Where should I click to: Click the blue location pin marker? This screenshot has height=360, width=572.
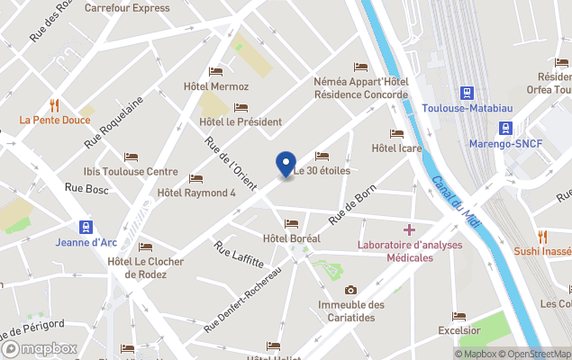click(x=286, y=164)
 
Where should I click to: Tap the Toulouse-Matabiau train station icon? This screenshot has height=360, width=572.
click(x=468, y=93)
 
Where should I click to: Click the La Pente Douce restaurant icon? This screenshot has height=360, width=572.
click(x=55, y=103)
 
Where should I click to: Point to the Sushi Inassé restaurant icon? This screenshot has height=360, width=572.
click(x=542, y=236)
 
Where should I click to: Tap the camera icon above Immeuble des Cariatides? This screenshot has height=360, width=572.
click(x=350, y=290)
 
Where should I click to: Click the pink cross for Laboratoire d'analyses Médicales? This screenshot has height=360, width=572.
click(x=409, y=229)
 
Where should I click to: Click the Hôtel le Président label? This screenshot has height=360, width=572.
click(x=241, y=121)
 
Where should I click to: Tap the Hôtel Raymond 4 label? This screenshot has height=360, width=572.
click(x=195, y=192)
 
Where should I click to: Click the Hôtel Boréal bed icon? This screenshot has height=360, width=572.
click(x=290, y=223)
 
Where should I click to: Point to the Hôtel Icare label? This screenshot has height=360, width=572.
click(x=397, y=148)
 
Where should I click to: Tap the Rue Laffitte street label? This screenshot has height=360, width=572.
click(x=239, y=254)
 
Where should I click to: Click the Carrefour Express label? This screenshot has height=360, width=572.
click(x=127, y=8)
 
